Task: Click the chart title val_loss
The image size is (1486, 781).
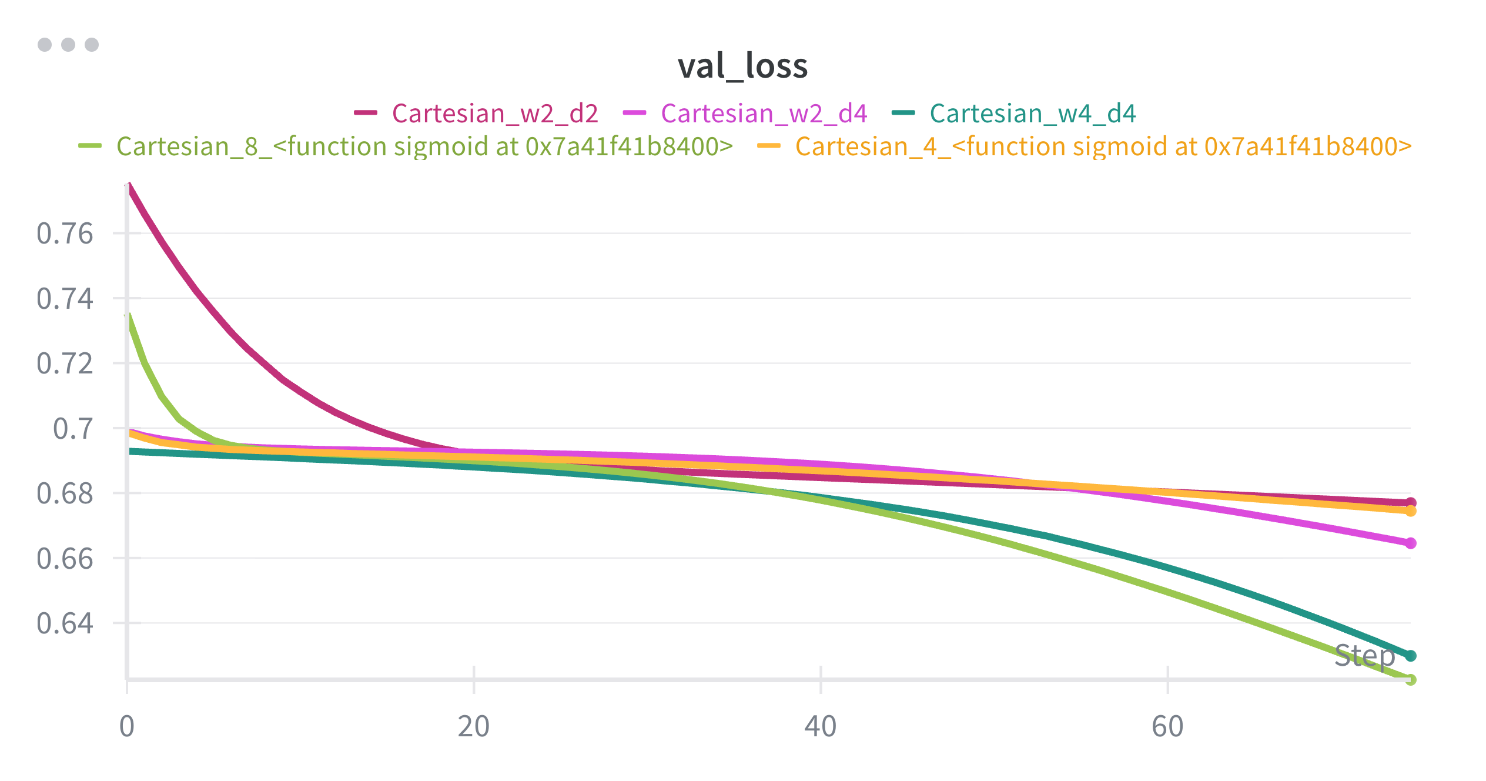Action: (742, 66)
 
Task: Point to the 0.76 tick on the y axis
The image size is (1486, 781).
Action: (65, 233)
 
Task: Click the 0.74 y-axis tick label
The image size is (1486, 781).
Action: (65, 299)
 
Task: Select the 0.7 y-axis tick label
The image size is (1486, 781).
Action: (73, 429)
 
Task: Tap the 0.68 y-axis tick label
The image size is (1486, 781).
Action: (65, 493)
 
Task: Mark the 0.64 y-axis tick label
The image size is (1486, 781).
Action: (65, 623)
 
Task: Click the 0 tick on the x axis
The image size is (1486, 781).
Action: (127, 726)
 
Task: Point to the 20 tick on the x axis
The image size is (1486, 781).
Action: (474, 726)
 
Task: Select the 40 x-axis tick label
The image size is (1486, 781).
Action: (821, 726)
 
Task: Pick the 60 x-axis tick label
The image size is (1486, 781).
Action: (1167, 726)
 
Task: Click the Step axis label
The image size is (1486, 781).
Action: (1364, 655)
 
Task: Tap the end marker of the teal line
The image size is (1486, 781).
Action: (1411, 656)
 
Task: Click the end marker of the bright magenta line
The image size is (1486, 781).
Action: (1411, 543)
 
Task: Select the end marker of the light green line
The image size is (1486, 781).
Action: (1411, 680)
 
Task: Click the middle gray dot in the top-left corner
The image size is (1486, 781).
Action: (68, 45)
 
